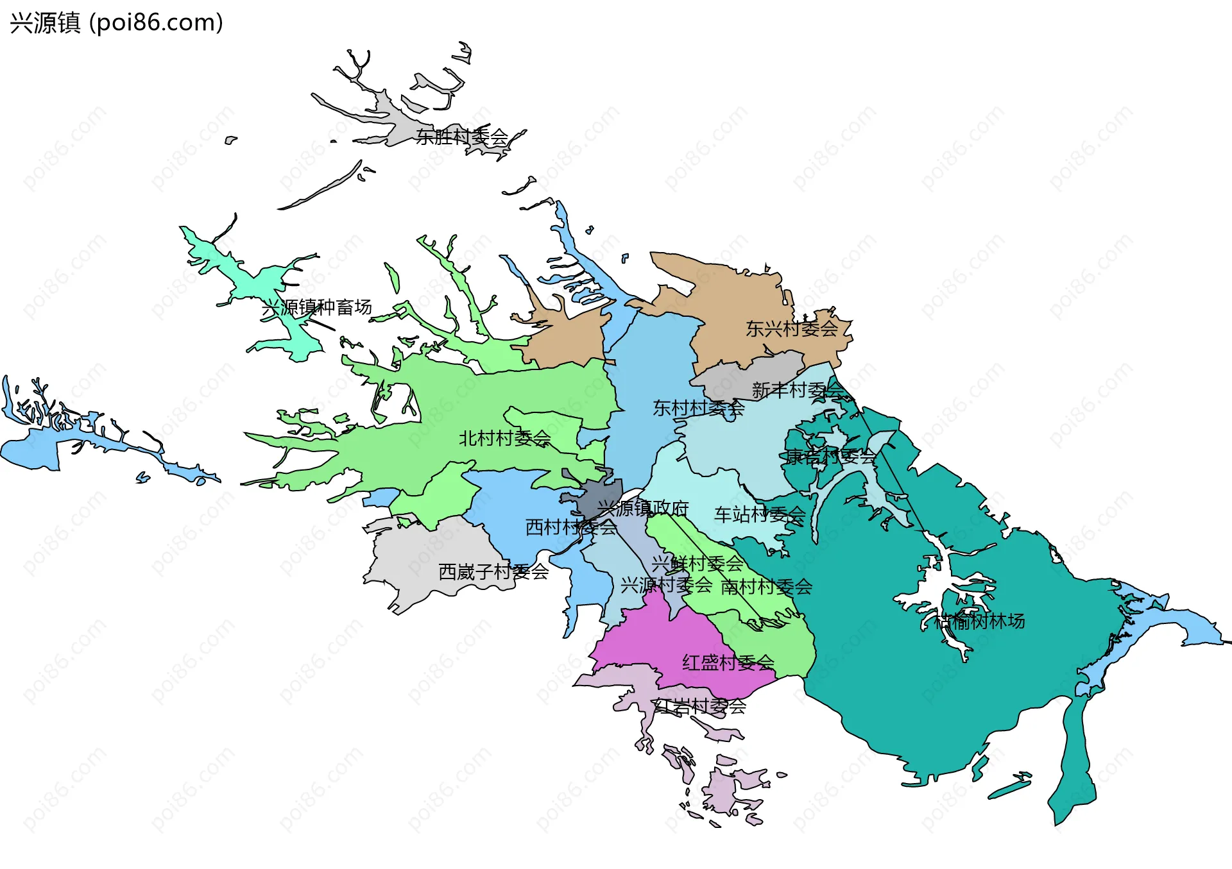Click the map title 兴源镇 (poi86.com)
pyautogui.click(x=116, y=22)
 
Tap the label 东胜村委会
pyautogui.click(x=462, y=137)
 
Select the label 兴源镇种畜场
pyautogui.click(x=317, y=307)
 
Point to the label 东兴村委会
pyautogui.click(x=792, y=328)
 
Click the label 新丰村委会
pyautogui.click(x=798, y=389)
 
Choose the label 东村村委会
pyautogui.click(x=698, y=407)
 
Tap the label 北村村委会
pyautogui.click(x=504, y=438)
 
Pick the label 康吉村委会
pyautogui.click(x=831, y=457)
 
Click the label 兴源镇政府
pyautogui.click(x=643, y=508)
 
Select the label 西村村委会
pyautogui.click(x=571, y=527)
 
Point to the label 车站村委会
pyautogui.click(x=760, y=514)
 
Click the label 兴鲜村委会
pyautogui.click(x=697, y=564)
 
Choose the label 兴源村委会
pyautogui.click(x=666, y=584)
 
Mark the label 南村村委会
pyautogui.click(x=767, y=586)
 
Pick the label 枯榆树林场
pyautogui.click(x=979, y=621)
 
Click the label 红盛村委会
pyautogui.click(x=728, y=662)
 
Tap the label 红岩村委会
pyautogui.click(x=699, y=706)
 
